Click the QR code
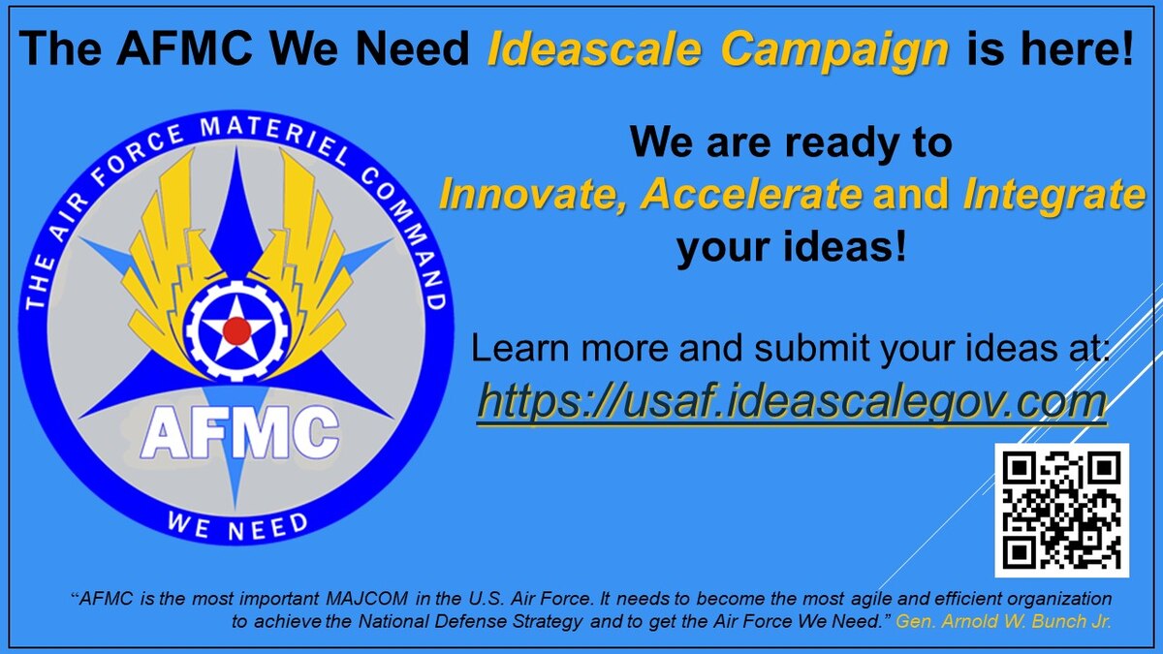[x=1061, y=510]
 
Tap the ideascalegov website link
[x=791, y=401]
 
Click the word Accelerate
[x=751, y=195]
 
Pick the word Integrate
[x=1053, y=195]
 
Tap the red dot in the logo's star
[x=236, y=330]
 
